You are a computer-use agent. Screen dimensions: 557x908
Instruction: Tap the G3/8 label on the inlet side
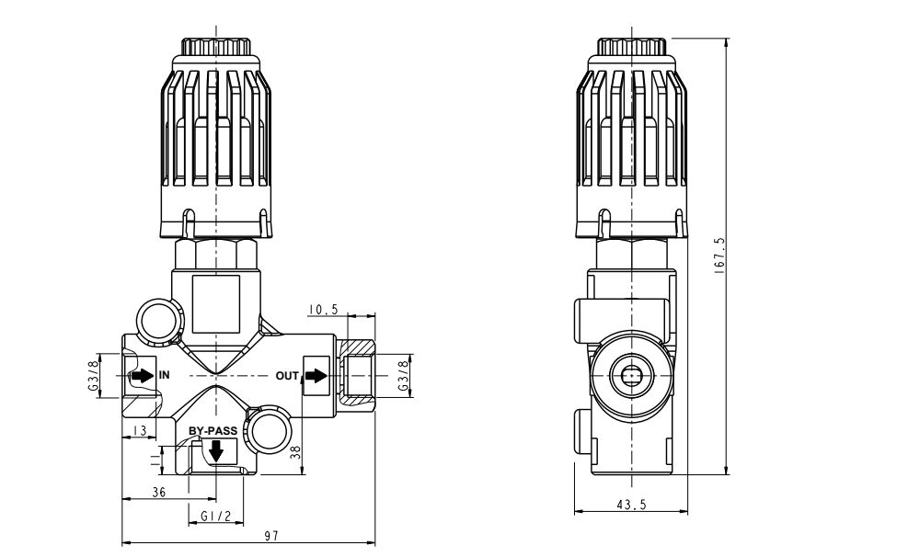[94, 376]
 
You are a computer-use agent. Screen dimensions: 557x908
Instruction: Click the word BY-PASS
[213, 430]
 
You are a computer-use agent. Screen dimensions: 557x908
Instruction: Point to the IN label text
[164, 375]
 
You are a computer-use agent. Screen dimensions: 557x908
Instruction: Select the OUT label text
[288, 375]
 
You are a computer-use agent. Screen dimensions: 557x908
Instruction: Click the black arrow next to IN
[143, 375]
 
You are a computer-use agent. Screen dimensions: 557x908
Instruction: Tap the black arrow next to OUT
[316, 375]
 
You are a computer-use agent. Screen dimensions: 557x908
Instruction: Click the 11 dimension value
[154, 456]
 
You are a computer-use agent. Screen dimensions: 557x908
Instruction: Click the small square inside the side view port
[630, 375]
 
